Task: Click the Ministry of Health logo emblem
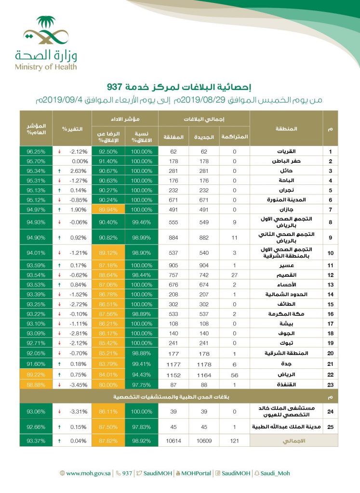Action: click(x=45, y=31)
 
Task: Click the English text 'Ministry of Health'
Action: click(x=45, y=67)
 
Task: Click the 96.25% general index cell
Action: click(x=36, y=152)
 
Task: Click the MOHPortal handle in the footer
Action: click(x=196, y=473)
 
